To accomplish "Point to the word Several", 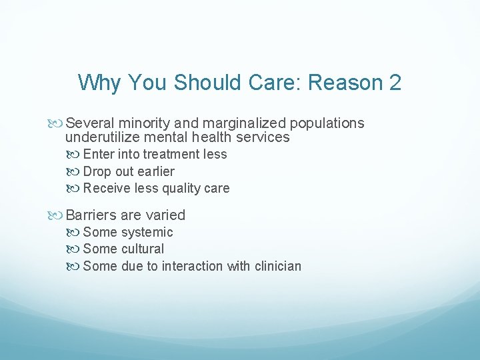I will (x=91, y=123).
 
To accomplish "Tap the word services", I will (x=263, y=137).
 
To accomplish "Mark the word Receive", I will (x=105, y=188).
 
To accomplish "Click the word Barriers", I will (x=92, y=215).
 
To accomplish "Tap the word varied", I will (x=165, y=215).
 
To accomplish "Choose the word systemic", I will (x=147, y=232).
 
